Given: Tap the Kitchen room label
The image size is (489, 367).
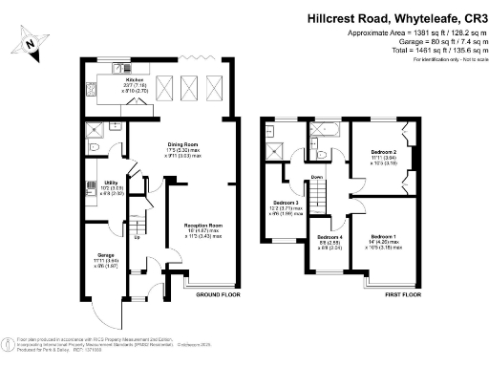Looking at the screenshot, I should click(x=120, y=80).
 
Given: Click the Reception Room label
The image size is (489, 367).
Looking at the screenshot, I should click(x=202, y=227).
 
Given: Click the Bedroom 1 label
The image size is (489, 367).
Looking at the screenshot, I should click(x=383, y=235).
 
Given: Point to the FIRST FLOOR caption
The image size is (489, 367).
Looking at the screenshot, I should click(x=403, y=296).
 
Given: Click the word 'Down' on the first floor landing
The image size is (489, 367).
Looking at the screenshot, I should click(x=317, y=178).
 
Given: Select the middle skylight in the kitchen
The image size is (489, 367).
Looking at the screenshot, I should click(x=188, y=90).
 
